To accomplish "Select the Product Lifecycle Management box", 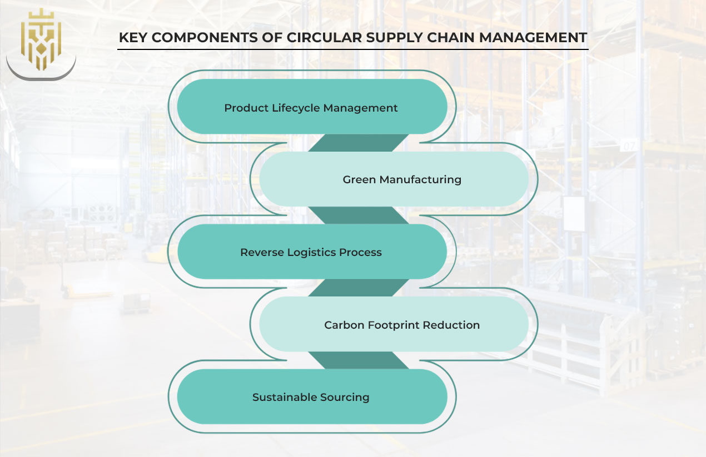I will (x=311, y=107).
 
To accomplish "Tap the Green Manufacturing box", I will (x=394, y=179).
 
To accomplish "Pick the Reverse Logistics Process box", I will (x=311, y=252).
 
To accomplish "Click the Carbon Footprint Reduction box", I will (x=394, y=325).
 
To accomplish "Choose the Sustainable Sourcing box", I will (x=311, y=397).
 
